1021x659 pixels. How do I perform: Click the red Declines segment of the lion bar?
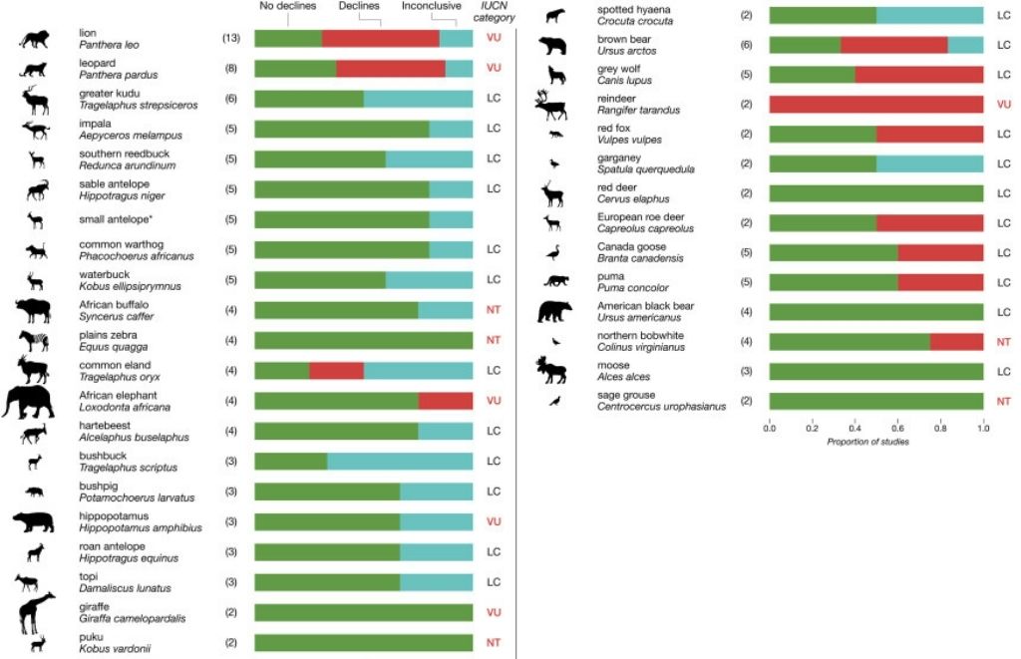click(x=380, y=38)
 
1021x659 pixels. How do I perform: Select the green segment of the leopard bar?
click(x=295, y=68)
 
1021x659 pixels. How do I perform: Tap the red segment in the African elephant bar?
click(x=445, y=401)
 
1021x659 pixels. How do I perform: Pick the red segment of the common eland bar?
click(x=336, y=370)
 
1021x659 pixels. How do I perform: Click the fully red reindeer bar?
click(x=876, y=104)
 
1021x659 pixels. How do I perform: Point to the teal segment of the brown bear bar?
click(x=965, y=45)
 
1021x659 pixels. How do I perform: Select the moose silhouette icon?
click(x=551, y=371)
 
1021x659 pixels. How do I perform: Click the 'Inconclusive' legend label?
click(x=432, y=6)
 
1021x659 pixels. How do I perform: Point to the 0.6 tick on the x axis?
click(x=898, y=427)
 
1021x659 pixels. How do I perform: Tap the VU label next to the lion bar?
click(x=494, y=38)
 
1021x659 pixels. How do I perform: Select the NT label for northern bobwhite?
click(x=1004, y=341)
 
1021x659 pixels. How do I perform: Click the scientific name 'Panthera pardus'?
click(x=119, y=75)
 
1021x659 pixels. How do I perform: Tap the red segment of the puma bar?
click(x=940, y=281)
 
